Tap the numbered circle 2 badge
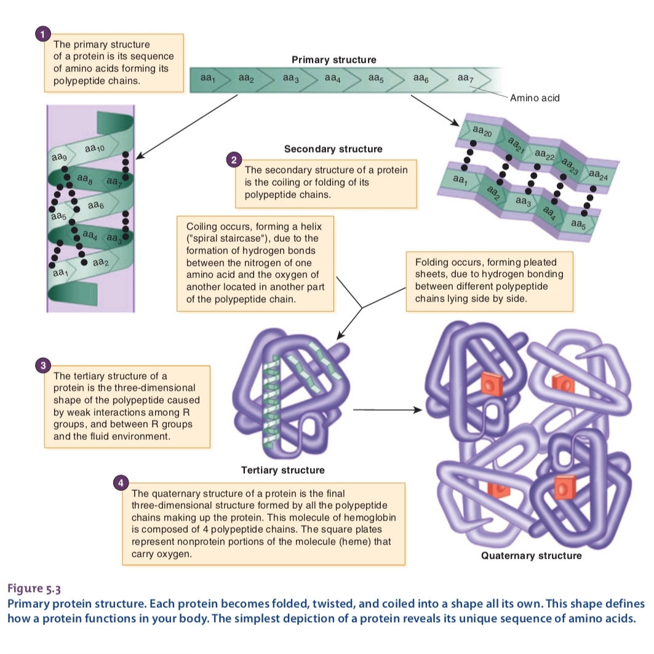click(233, 161)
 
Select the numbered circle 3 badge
click(42, 367)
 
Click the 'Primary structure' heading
click(333, 60)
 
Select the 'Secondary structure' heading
click(333, 149)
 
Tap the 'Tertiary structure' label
click(282, 470)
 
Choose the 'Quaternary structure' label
click(531, 556)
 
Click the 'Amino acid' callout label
click(535, 98)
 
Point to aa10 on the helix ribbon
click(95, 148)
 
